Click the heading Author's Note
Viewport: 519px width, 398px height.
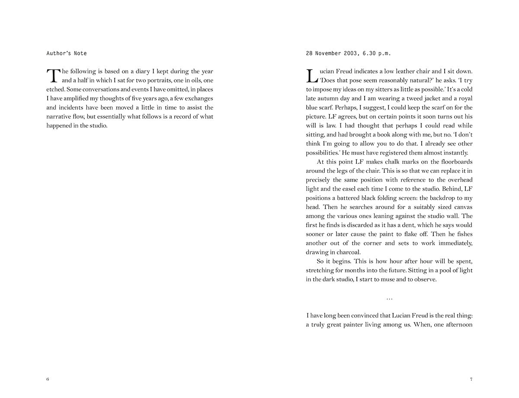(x=67, y=54)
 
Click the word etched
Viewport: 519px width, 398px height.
(x=56, y=89)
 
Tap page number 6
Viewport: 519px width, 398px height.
(x=48, y=379)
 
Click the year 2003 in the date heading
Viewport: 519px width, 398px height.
(x=346, y=54)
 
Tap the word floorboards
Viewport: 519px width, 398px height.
(x=455, y=162)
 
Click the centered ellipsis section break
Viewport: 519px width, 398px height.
(x=389, y=298)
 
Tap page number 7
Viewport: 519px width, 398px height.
(x=471, y=379)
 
